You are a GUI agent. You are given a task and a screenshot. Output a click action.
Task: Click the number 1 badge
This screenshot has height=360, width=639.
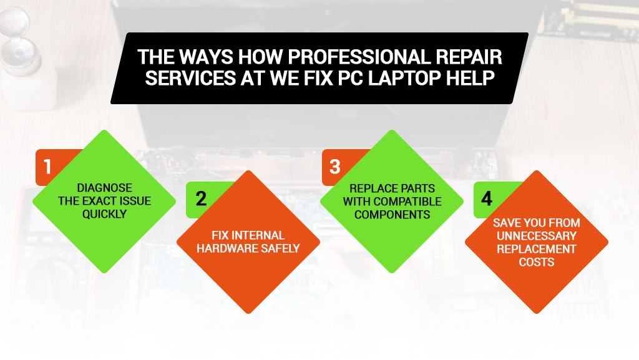[47, 167]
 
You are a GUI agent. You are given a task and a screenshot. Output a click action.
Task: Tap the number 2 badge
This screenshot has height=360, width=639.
[201, 198]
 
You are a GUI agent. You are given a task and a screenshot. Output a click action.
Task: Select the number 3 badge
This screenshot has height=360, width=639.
[335, 167]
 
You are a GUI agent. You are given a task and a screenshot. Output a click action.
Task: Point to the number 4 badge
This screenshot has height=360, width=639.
[487, 198]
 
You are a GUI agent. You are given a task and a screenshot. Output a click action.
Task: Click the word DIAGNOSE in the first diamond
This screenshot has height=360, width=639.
[104, 188]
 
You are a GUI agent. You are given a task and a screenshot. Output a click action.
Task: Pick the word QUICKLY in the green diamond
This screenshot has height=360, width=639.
[104, 214]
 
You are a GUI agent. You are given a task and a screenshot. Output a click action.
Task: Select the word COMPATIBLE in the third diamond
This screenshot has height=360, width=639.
[406, 202]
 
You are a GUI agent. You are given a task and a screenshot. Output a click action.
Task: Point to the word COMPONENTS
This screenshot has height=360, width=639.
[392, 215]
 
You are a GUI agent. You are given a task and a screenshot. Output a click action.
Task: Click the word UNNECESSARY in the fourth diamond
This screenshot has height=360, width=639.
[537, 236]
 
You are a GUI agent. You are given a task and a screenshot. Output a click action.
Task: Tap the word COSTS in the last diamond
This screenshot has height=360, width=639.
[537, 262]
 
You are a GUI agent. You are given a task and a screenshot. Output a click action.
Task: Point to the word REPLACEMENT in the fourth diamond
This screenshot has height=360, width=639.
[537, 249]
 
